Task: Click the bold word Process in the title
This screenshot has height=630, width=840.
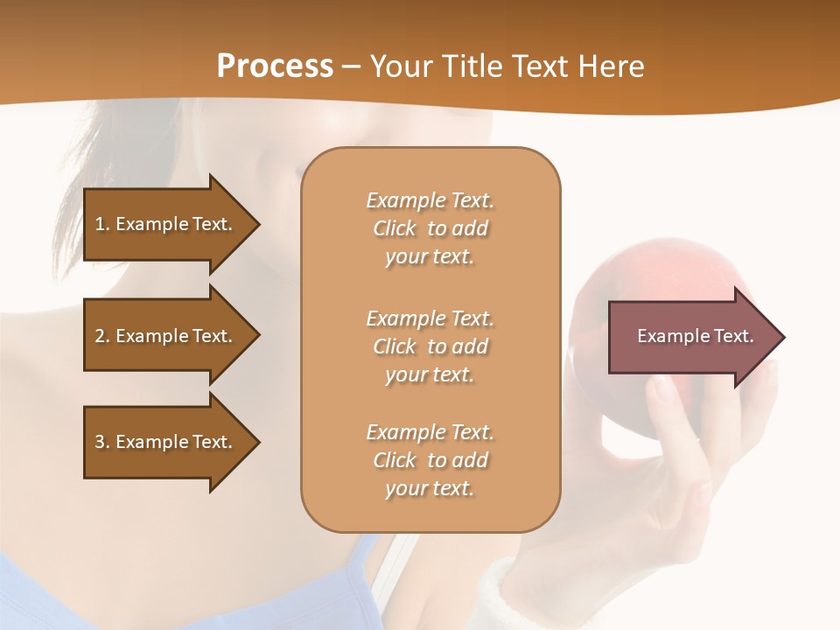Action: click(x=275, y=66)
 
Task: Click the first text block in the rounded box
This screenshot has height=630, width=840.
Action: click(x=430, y=228)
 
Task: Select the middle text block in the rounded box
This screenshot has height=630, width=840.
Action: click(x=430, y=346)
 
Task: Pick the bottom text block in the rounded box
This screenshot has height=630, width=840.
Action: click(x=430, y=460)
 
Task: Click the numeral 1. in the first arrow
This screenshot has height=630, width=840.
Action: click(x=102, y=224)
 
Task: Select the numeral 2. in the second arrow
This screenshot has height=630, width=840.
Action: click(x=102, y=336)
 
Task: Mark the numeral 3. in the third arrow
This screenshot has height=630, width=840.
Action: click(x=102, y=442)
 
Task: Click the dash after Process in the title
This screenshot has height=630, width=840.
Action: click(x=352, y=66)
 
